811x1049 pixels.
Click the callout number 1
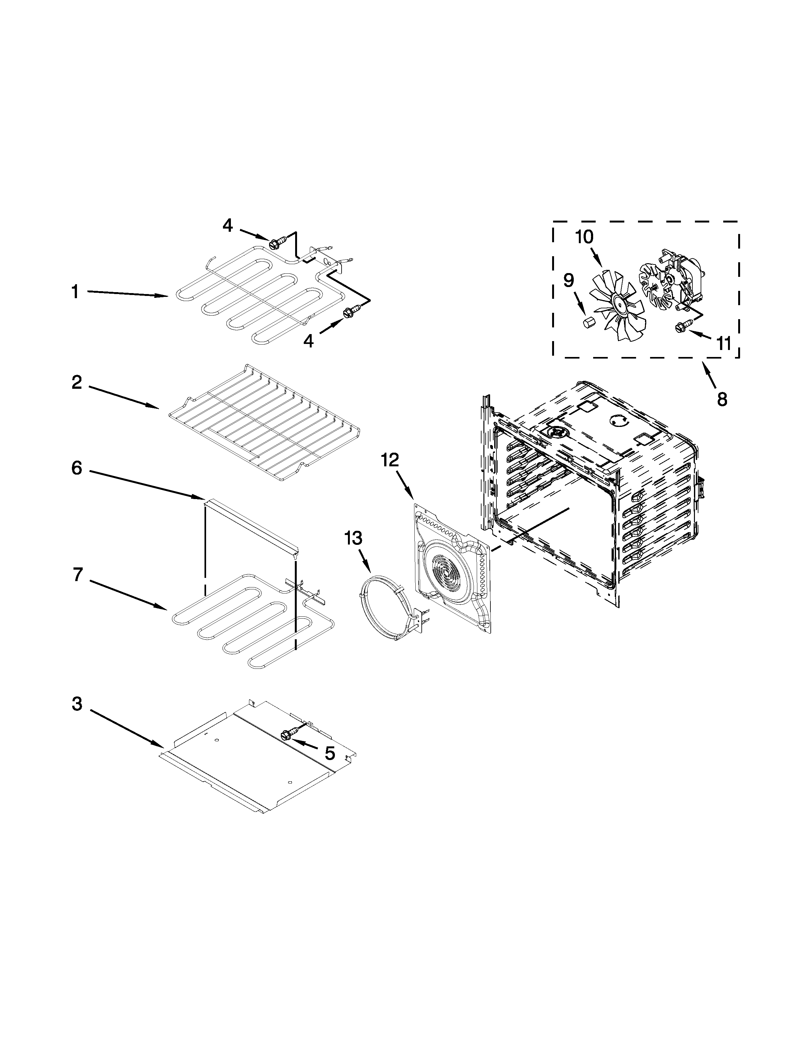75,291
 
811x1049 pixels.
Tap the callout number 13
353,538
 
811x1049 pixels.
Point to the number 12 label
390,460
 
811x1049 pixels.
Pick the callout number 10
585,237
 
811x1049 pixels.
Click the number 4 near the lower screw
308,341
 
